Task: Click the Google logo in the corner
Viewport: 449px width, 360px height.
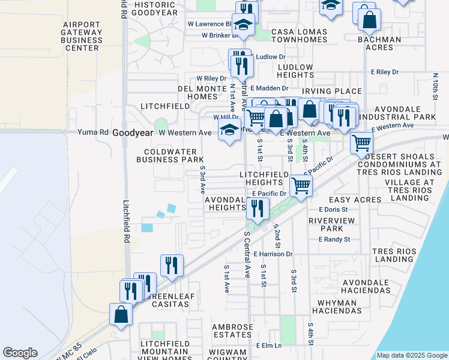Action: tap(20, 353)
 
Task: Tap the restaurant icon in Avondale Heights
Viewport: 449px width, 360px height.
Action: tap(258, 208)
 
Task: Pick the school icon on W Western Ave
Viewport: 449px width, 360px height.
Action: tap(229, 130)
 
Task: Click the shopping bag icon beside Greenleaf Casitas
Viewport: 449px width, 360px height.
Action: tap(121, 314)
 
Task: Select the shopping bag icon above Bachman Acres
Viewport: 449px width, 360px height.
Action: tap(369, 20)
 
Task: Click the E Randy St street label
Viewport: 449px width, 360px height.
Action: tap(334, 239)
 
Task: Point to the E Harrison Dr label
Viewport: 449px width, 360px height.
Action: tap(273, 254)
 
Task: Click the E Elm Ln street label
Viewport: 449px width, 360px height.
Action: tap(268, 346)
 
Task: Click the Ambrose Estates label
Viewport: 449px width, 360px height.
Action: tap(232, 331)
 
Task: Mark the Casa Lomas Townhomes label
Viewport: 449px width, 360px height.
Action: tap(300, 35)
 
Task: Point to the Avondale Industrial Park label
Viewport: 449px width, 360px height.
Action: tap(405, 113)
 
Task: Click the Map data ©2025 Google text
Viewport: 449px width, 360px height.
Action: tap(411, 355)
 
